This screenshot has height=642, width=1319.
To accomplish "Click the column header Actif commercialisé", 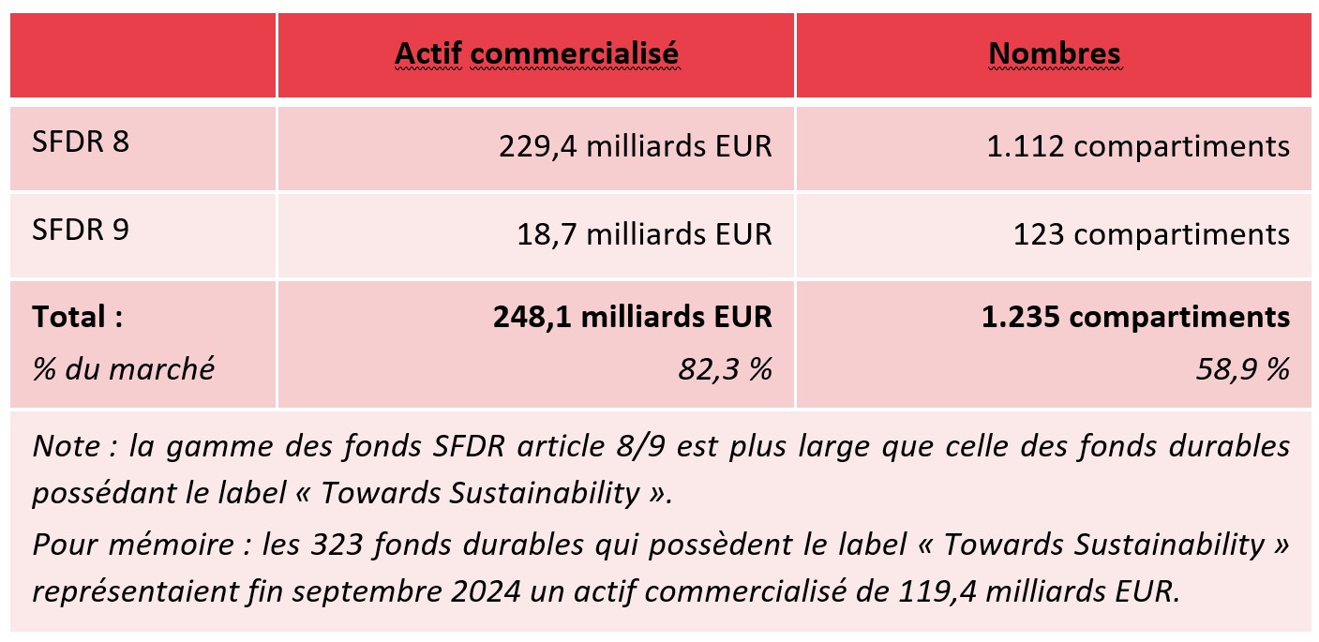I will point(536,54).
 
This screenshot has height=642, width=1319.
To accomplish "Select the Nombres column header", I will point(1054,54).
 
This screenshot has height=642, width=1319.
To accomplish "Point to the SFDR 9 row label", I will point(81,231).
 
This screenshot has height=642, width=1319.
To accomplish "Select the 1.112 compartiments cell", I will point(1138,147).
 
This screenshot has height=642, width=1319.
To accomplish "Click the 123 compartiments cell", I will point(1151,233).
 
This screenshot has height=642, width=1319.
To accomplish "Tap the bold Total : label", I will point(78,317).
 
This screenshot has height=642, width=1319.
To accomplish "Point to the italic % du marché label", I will point(123,369).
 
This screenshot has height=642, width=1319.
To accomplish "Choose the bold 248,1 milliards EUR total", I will point(633,318).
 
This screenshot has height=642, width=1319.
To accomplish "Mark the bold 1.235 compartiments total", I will point(1135,318).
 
